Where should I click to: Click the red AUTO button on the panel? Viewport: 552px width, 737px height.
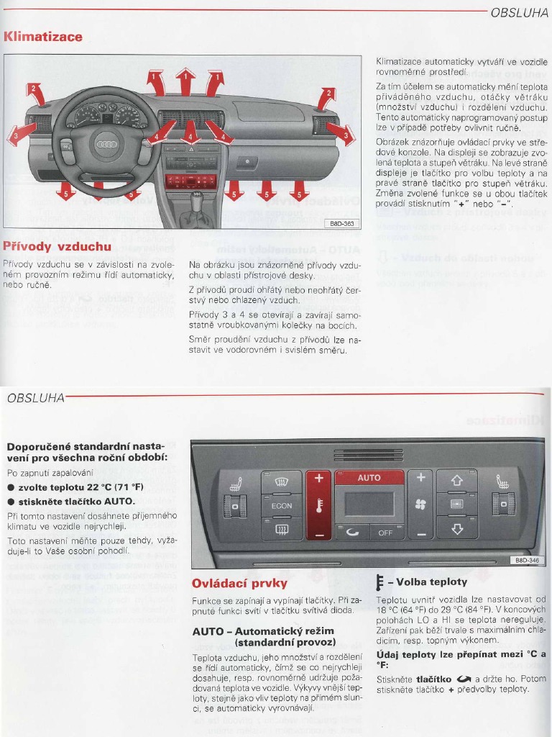(x=369, y=478)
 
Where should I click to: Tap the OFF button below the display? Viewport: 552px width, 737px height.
(x=386, y=533)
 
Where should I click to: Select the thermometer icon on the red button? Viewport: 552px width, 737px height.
(x=318, y=506)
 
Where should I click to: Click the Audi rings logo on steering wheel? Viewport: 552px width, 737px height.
(x=106, y=145)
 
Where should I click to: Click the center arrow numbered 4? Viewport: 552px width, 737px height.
(x=190, y=132)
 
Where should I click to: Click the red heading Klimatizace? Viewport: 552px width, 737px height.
(x=43, y=37)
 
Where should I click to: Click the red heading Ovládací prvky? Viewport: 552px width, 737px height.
(x=239, y=583)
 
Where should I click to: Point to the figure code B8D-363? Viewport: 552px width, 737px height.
(x=341, y=224)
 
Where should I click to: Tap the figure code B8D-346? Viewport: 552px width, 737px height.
(x=527, y=560)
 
